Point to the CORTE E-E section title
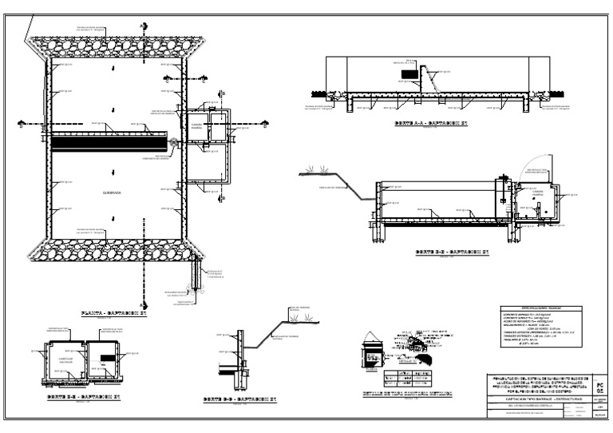[x=83, y=397]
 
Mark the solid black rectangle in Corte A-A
[x=408, y=74]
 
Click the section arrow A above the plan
[x=140, y=26]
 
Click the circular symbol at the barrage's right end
[x=173, y=143]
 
